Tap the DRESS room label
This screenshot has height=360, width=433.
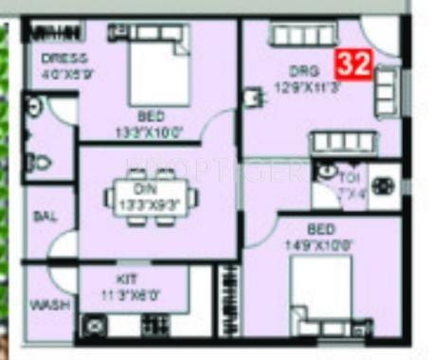pyautogui.click(x=63, y=58)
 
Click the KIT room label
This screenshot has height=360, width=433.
pyautogui.click(x=127, y=279)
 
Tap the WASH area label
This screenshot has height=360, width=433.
pyautogui.click(x=45, y=307)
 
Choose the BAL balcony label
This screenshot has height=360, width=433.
pyautogui.click(x=44, y=216)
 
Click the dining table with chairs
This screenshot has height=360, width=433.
pyautogui.click(x=153, y=200)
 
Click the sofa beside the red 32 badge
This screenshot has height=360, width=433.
pyautogui.click(x=387, y=87)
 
